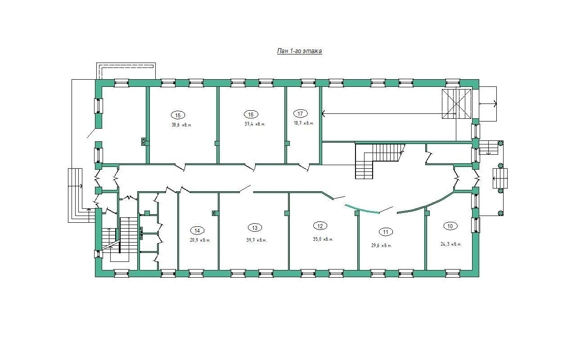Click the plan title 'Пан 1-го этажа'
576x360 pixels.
click(299, 51)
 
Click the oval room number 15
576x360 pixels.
click(178, 115)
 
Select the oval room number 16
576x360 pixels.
click(251, 114)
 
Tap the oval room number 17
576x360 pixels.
click(300, 113)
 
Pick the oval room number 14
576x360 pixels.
click(197, 231)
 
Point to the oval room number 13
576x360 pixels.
click(255, 228)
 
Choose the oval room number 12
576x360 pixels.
click(320, 226)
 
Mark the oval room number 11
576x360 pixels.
click(386, 232)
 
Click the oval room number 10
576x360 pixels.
click(450, 226)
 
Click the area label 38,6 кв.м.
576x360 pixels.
click(181, 125)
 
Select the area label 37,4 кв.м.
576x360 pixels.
click(255, 124)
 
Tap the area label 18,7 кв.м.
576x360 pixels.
click(304, 123)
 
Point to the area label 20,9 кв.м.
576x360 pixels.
click(200, 240)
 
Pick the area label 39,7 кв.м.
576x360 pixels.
click(256, 240)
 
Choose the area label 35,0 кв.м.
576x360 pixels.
click(323, 239)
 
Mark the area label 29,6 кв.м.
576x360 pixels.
click(381, 246)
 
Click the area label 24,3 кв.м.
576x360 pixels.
click(451, 244)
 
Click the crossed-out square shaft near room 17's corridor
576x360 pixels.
click(456, 104)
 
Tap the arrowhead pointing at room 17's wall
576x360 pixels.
click(324, 113)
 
